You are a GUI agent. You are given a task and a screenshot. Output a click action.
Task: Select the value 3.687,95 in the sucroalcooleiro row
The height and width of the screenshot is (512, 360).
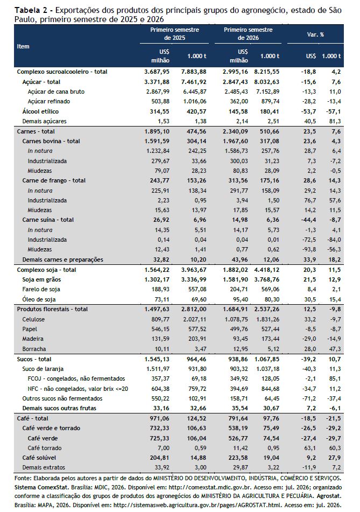pyautogui.click(x=157, y=72)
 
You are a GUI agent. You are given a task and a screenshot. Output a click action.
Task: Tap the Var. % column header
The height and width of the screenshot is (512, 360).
pyautogui.click(x=315, y=34)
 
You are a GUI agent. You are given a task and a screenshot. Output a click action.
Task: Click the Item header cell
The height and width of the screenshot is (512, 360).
pyautogui.click(x=23, y=46)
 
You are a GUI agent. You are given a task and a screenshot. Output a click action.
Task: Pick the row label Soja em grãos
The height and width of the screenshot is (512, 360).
pyautogui.click(x=41, y=279)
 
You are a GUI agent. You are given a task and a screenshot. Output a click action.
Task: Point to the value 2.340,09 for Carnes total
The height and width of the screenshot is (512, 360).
pyautogui.click(x=235, y=131)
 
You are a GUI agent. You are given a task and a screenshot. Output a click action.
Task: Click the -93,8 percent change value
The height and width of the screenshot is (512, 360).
pyautogui.click(x=308, y=249)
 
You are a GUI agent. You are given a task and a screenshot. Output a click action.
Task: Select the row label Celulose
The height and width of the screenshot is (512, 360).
pyautogui.click(x=33, y=319)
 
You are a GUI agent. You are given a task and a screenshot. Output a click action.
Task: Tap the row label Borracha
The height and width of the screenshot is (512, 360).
pyautogui.click(x=34, y=349)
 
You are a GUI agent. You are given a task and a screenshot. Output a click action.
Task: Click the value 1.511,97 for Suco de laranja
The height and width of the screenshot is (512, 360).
pyautogui.click(x=157, y=369)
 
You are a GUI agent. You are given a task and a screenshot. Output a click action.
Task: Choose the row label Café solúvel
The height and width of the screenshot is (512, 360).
pyautogui.click(x=39, y=458)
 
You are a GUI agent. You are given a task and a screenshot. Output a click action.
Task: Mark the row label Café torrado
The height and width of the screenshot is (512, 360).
pyautogui.click(x=44, y=448)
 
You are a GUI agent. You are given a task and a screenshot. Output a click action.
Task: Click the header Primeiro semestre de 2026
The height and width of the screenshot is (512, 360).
pyautogui.click(x=248, y=33)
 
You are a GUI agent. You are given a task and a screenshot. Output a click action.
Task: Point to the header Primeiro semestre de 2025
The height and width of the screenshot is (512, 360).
pyautogui.click(x=174, y=33)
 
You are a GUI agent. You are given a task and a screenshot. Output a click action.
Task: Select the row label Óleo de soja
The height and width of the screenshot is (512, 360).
pyautogui.click(x=39, y=299)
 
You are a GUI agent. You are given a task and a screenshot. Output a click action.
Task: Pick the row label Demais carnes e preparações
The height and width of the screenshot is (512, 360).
pyautogui.click(x=62, y=259)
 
